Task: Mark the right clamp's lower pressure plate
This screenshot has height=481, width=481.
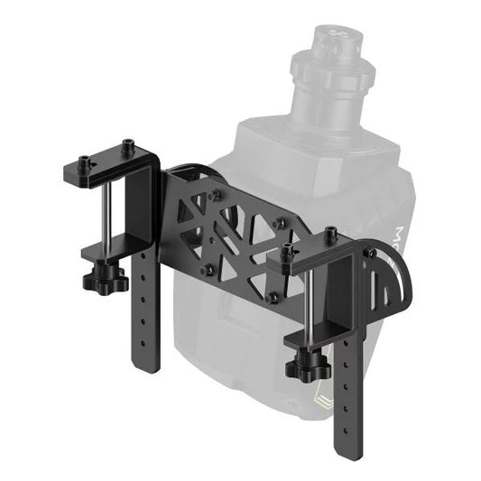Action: tap(311, 338)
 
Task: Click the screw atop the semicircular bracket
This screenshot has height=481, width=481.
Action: tap(371, 254)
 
